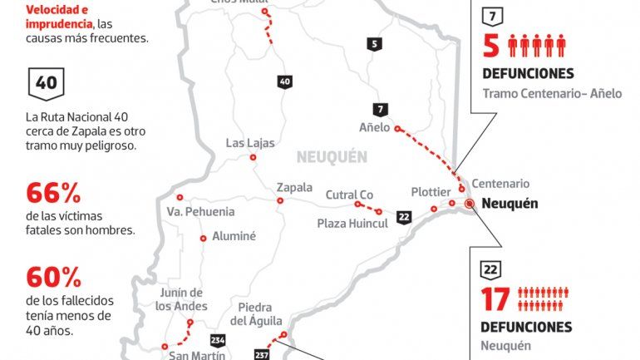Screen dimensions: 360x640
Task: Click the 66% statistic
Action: click(53, 195)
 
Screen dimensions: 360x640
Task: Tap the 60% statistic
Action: click(53, 278)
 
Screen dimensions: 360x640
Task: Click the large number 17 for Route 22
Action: click(496, 298)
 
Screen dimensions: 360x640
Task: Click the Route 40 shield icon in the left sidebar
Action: click(47, 83)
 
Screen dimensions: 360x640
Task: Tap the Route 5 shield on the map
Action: click(376, 45)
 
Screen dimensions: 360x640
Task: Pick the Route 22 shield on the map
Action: click(404, 218)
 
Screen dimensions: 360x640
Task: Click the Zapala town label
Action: click(295, 187)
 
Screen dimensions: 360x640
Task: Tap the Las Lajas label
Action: click(250, 143)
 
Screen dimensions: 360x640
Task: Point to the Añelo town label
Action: click(374, 128)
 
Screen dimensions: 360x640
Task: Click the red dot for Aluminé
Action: click(204, 239)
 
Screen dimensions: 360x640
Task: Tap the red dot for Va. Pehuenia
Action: click(180, 197)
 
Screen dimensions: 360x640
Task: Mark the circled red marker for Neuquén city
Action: click(470, 203)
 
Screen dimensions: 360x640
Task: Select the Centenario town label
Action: click(500, 184)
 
